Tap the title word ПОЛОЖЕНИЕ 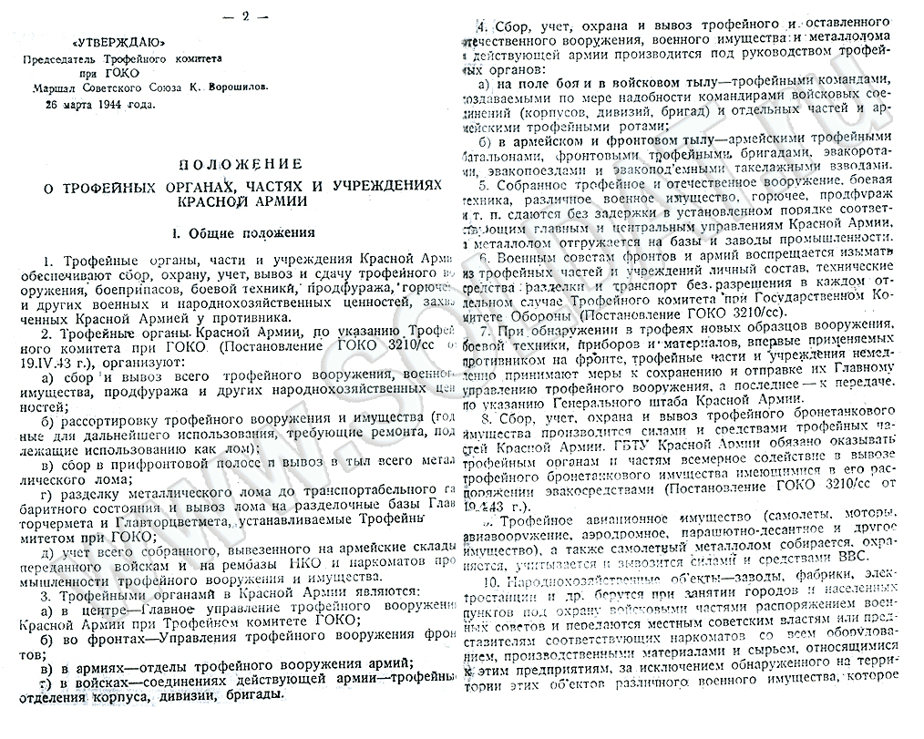[240, 164]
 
